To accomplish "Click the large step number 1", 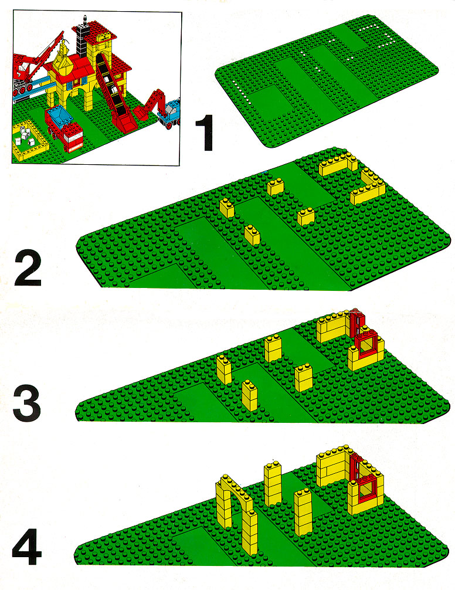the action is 205,133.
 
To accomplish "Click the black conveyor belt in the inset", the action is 111,87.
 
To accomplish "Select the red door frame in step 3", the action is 355,322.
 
